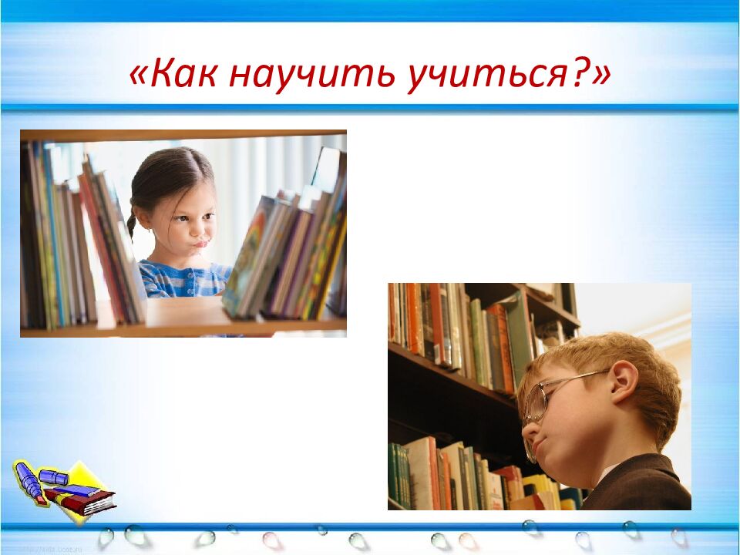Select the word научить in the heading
pyautogui.click(x=305, y=75)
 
